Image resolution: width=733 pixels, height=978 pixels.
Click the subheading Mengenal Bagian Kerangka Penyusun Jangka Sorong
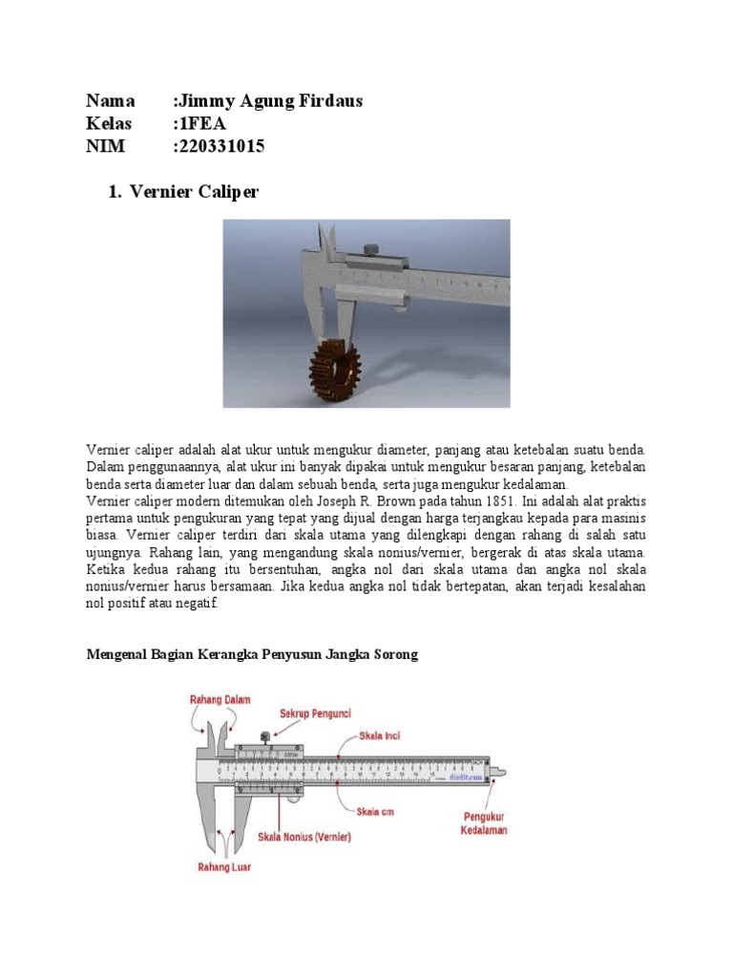click(253, 655)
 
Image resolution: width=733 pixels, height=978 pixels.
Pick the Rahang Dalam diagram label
click(219, 699)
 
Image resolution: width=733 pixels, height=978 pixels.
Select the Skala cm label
click(375, 812)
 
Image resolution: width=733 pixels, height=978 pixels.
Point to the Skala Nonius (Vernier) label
click(304, 837)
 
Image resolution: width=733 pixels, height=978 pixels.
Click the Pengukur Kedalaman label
click(485, 823)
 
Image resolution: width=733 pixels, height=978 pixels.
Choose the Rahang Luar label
click(224, 868)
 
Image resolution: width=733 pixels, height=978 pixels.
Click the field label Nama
click(111, 101)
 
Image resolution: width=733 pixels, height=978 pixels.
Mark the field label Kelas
click(110, 124)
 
